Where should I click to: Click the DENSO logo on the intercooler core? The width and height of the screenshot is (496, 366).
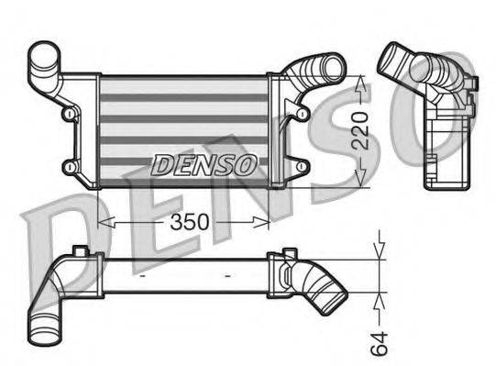(x=203, y=165)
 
